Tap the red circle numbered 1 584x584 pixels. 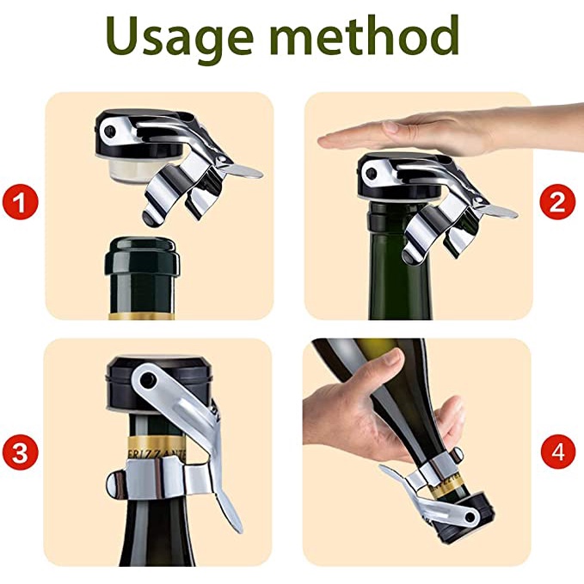tap(21, 204)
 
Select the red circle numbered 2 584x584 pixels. tap(557, 202)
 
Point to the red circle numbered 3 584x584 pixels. tap(21, 453)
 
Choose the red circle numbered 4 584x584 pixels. tap(558, 453)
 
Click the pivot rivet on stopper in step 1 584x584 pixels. tap(110, 131)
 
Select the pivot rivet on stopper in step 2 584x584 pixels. tap(371, 172)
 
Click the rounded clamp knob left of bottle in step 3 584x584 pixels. tap(116, 483)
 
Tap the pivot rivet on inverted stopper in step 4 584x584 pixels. tap(472, 517)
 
